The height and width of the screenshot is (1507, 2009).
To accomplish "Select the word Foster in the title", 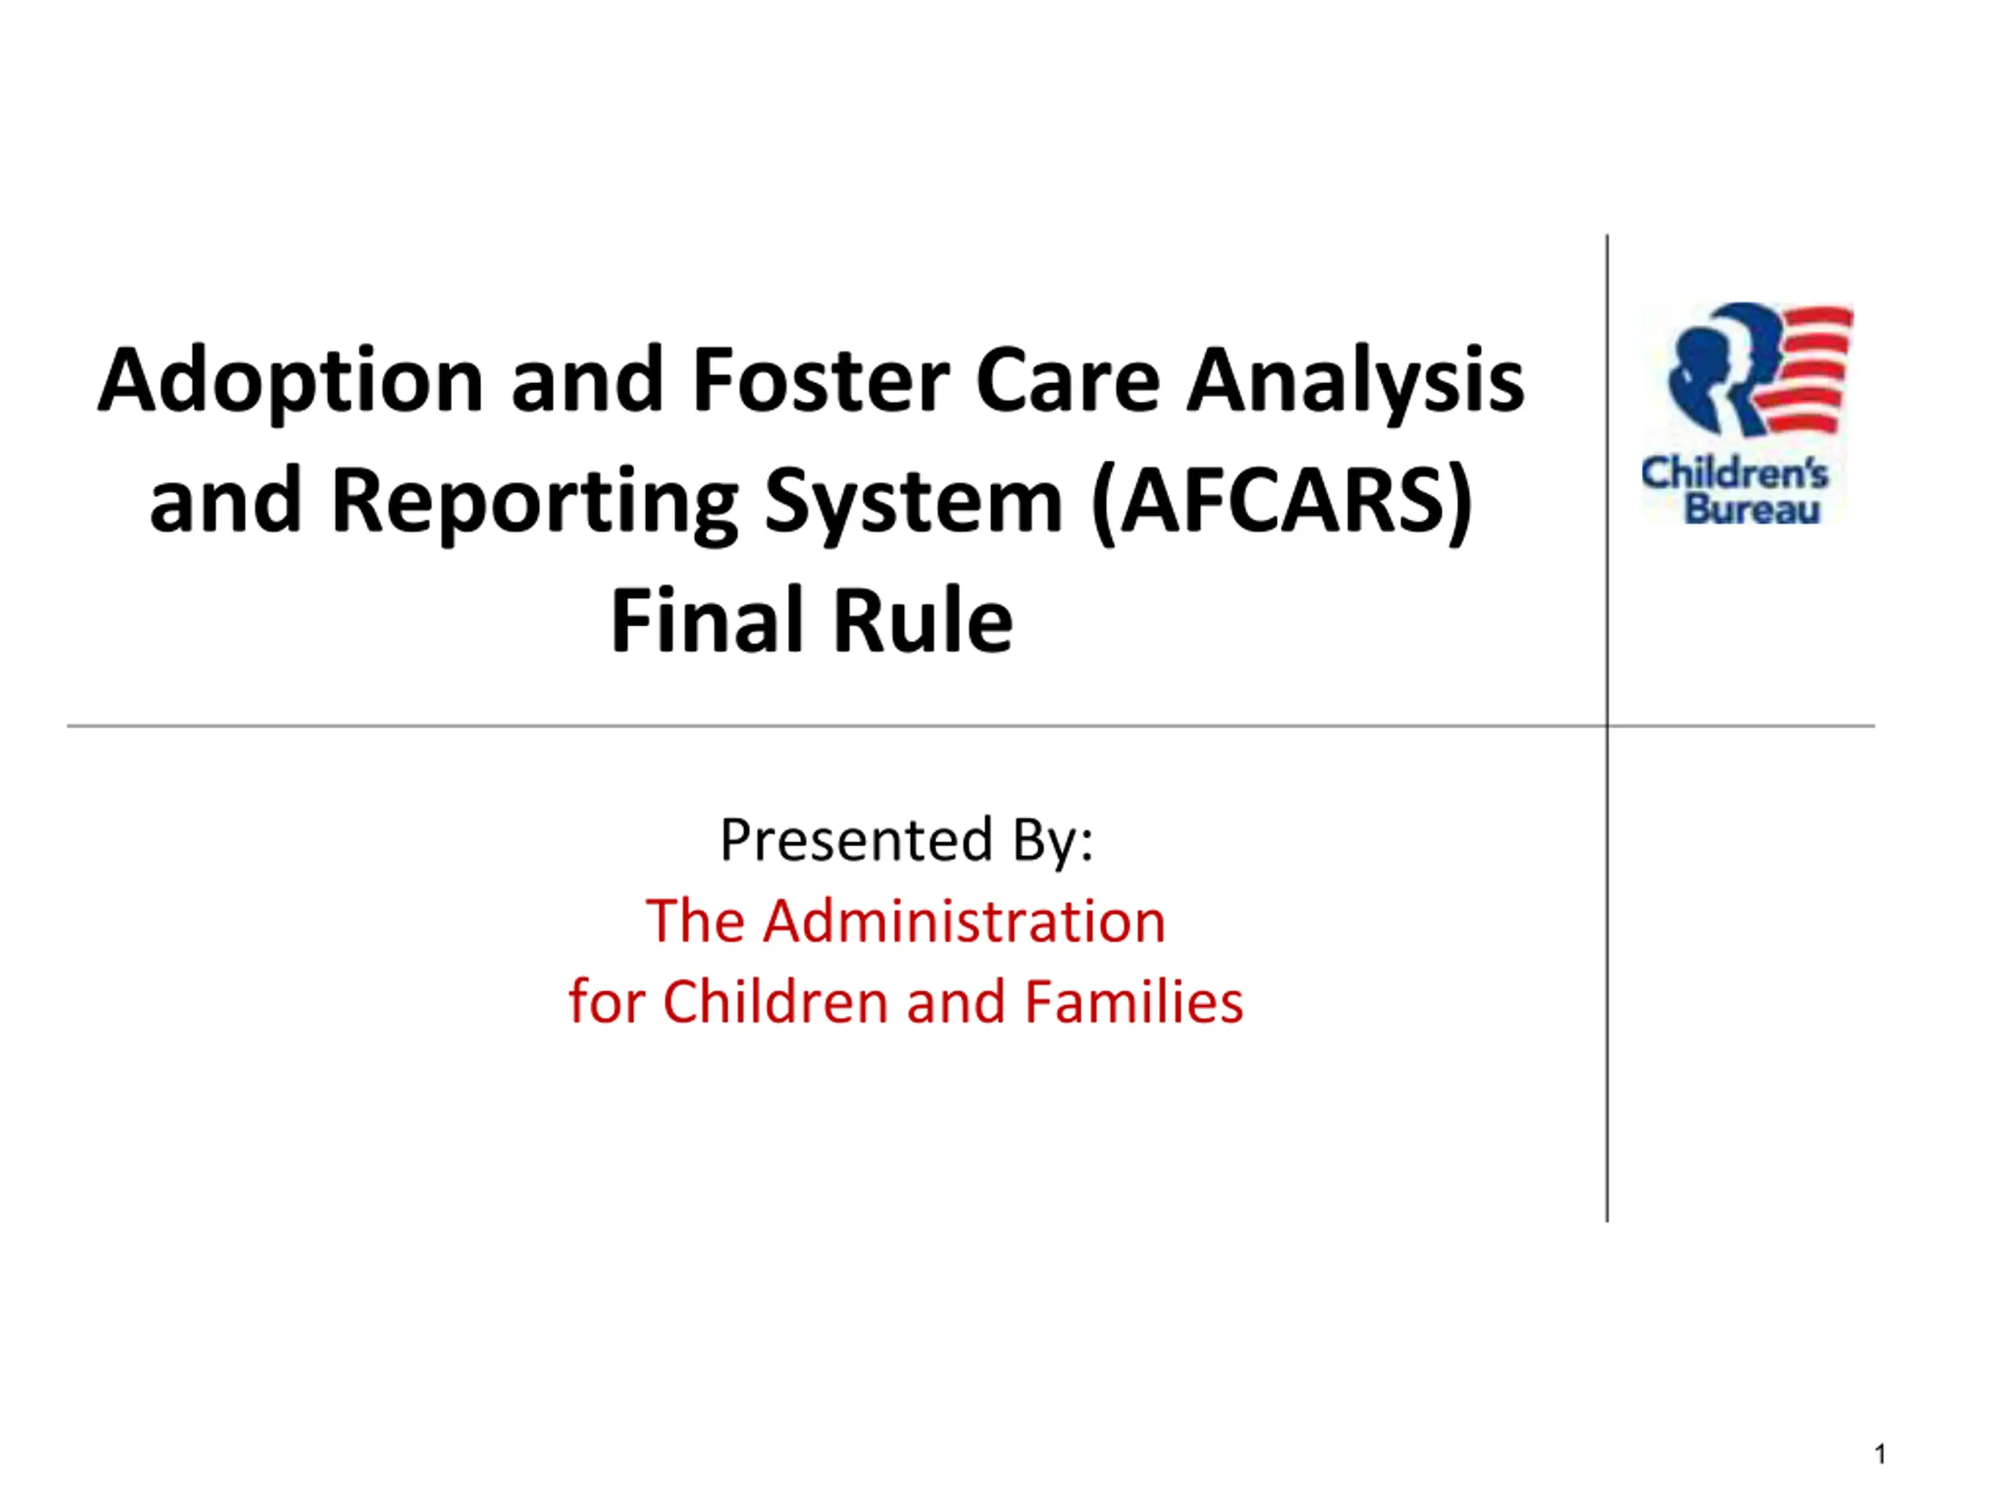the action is coord(821,380).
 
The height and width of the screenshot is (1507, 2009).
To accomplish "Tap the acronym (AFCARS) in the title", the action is coord(1282,502).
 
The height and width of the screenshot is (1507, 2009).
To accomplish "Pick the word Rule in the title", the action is coord(923,620).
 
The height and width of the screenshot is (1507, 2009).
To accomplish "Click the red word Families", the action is coord(1133,1002).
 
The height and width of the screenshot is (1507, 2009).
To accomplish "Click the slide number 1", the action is coord(1881,1454).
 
